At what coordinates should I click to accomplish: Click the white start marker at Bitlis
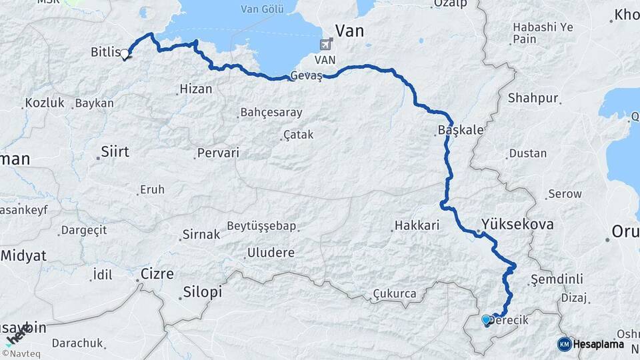124,55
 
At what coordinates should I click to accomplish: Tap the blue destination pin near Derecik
485,320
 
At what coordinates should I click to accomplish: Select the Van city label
350,30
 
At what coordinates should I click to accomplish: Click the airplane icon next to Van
326,45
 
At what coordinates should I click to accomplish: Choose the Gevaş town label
306,76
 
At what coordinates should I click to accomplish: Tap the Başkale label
461,130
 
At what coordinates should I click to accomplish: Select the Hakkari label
417,225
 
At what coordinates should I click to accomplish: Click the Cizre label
157,273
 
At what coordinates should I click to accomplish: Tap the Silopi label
202,293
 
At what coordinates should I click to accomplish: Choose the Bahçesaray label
271,112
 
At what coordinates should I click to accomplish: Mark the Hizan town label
196,89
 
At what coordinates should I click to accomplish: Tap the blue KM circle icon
564,344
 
